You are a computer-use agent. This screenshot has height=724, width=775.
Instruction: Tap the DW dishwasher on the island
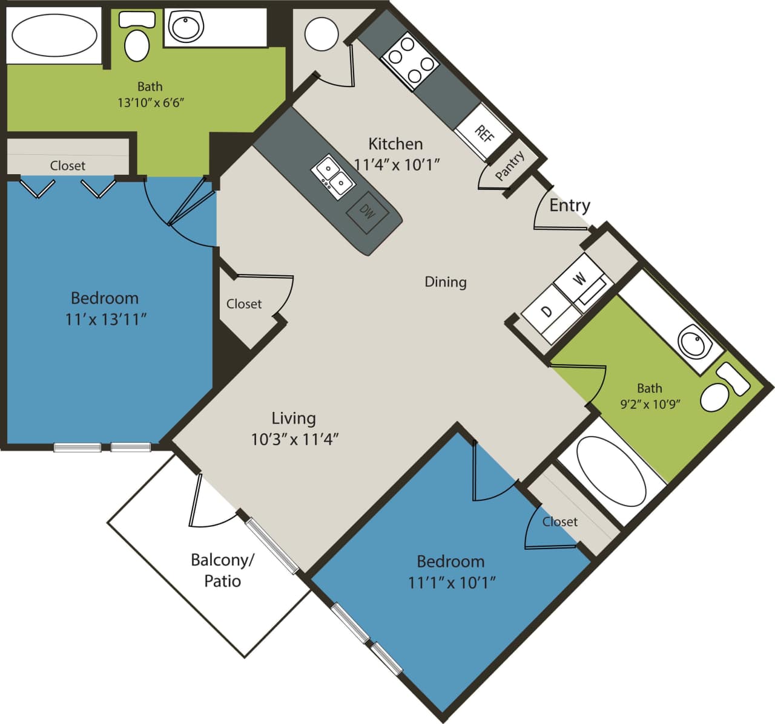[367, 212]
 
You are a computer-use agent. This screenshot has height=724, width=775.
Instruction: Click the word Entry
[569, 206]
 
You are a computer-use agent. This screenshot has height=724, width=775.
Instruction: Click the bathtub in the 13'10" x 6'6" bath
[54, 35]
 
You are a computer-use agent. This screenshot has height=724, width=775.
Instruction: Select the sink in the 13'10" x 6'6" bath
[186, 27]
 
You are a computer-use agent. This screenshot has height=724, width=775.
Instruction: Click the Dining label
[446, 282]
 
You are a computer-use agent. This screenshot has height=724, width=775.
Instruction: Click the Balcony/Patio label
[222, 570]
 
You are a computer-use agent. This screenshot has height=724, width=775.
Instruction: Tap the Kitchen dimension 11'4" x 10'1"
[396, 165]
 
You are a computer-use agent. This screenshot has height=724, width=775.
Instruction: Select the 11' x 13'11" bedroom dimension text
[106, 319]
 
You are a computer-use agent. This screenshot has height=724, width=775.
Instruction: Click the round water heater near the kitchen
[321, 34]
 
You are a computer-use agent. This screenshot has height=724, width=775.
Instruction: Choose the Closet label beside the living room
[244, 304]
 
